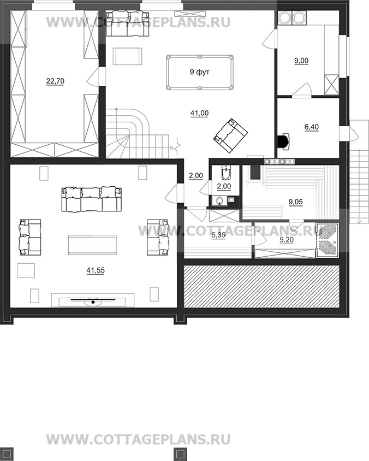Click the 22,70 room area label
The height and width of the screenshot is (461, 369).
[x=55, y=81]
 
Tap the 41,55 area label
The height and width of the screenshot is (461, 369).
[x=96, y=270]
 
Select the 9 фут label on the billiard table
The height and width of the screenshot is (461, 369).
[x=199, y=72]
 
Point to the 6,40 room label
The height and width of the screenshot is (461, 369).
[x=312, y=127]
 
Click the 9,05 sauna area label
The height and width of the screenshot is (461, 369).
[x=295, y=202]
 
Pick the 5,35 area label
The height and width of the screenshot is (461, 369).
[x=218, y=235]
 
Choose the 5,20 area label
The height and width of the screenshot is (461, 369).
[x=286, y=240]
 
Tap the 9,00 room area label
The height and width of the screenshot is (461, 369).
[x=301, y=61]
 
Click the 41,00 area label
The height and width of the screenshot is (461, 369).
[x=199, y=113]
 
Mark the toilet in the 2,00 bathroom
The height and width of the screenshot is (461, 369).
[x=225, y=173]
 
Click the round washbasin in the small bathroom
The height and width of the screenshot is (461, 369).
[x=219, y=201]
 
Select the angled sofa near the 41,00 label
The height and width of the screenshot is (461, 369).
[x=230, y=135]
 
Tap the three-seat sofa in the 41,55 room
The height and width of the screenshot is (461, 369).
[x=91, y=199]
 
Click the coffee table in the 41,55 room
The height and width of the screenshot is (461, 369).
[x=92, y=245]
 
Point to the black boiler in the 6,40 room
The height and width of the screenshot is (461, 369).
[x=283, y=141]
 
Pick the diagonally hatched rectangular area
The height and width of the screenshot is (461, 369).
[x=261, y=286]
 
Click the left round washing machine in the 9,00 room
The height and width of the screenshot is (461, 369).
[x=284, y=18]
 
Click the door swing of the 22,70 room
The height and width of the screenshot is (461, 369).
[x=93, y=77]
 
